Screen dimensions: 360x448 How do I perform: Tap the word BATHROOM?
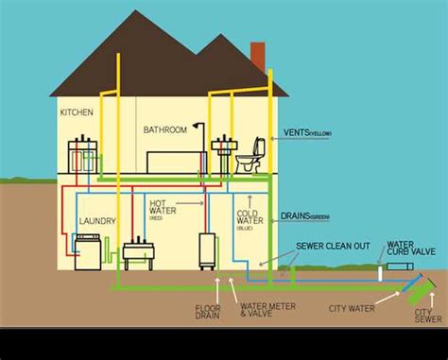tap(166, 129)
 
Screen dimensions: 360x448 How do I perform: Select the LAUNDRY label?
tap(97, 221)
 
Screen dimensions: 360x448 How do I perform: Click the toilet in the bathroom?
tap(250, 158)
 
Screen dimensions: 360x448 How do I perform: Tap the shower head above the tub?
tap(196, 125)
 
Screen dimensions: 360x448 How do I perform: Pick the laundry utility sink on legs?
tap(138, 252)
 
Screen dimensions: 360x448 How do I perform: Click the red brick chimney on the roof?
tap(257, 57)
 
